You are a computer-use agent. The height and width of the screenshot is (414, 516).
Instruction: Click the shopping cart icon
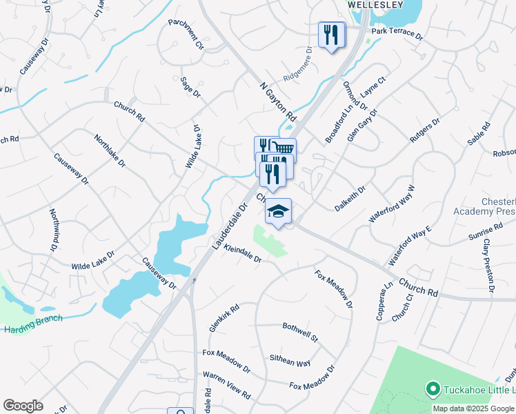(x=284, y=148)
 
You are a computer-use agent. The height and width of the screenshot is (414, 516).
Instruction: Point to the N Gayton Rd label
(x=277, y=101)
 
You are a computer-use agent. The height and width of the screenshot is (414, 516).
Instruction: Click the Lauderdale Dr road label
(x=230, y=226)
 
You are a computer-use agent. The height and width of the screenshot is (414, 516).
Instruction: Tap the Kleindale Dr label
(x=243, y=255)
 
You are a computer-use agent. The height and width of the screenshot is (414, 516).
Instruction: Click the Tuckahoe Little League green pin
(x=433, y=391)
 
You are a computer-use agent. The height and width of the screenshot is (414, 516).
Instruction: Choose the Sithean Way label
(x=290, y=359)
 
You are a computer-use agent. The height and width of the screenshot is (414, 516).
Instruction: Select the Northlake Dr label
(x=110, y=152)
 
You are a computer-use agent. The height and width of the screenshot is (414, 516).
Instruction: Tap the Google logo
(x=23, y=406)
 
